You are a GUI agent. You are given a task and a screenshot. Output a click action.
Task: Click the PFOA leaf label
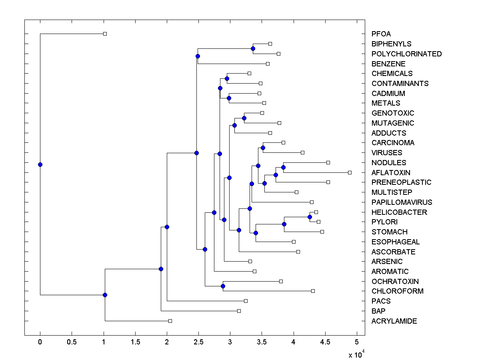click(x=381, y=34)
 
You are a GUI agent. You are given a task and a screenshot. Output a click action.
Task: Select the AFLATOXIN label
click(x=391, y=172)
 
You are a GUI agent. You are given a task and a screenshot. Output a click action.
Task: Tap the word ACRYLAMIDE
click(x=394, y=321)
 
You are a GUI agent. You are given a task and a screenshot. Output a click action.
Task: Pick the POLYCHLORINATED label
click(x=406, y=54)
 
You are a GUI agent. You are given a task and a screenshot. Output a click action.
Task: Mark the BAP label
click(x=378, y=311)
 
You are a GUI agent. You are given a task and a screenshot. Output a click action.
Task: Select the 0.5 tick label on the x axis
click(x=72, y=342)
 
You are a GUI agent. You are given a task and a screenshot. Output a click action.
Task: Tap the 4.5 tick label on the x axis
click(x=325, y=342)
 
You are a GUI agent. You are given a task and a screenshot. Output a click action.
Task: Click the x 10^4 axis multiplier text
click(x=357, y=354)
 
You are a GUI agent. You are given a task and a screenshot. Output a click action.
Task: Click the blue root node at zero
click(x=40, y=164)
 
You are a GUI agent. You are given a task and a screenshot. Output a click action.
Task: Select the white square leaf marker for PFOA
click(x=105, y=34)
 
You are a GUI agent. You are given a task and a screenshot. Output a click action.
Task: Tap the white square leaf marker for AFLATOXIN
click(x=350, y=172)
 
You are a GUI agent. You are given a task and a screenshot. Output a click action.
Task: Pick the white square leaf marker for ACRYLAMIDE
click(x=170, y=321)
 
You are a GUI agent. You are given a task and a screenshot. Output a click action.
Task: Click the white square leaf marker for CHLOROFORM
click(x=313, y=291)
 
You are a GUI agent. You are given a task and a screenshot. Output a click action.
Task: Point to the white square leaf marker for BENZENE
click(x=268, y=64)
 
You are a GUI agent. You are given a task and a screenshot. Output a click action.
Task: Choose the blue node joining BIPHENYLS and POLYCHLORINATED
click(x=253, y=48)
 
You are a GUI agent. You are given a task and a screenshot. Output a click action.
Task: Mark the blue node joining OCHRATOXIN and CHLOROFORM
click(x=223, y=286)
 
